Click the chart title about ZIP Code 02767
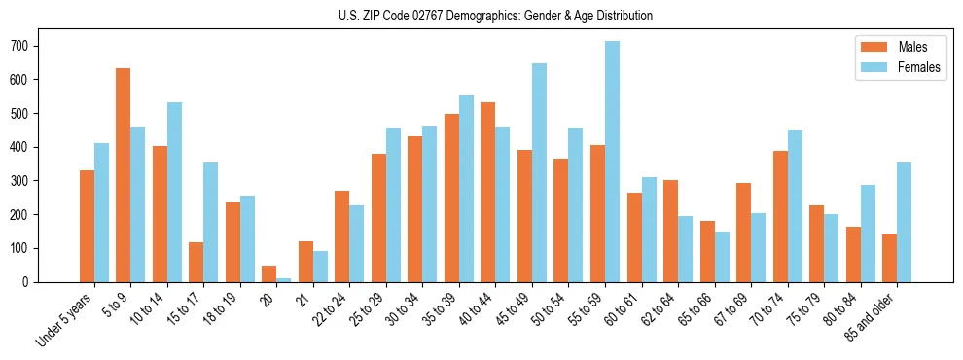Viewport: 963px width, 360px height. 481,16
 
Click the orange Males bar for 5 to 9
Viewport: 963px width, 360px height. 124,175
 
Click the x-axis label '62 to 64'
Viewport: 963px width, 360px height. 660,308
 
